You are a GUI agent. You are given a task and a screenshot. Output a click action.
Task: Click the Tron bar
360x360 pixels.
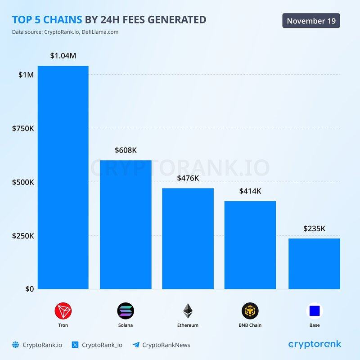click(x=63, y=177)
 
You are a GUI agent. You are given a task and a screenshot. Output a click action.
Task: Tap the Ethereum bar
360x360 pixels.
click(x=188, y=238)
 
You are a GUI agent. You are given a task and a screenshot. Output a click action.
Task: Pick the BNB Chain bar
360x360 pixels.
click(x=250, y=245)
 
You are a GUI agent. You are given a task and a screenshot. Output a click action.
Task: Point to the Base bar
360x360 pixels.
click(x=314, y=264)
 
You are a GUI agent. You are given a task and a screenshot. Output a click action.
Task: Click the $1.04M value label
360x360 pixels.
click(x=63, y=56)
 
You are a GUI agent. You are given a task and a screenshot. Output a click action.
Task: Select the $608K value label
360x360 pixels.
click(x=126, y=150)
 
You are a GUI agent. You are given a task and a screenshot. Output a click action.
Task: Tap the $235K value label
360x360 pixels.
click(x=314, y=229)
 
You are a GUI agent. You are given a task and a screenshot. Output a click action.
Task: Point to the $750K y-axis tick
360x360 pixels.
click(x=22, y=128)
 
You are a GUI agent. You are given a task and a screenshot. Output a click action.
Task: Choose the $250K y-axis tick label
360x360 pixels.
click(x=22, y=236)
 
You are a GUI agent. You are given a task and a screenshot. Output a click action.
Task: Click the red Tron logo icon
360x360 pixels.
click(x=63, y=311)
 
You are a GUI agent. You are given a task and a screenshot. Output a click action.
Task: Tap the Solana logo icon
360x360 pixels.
click(x=126, y=311)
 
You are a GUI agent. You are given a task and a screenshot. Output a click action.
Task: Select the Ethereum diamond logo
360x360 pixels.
click(x=188, y=311)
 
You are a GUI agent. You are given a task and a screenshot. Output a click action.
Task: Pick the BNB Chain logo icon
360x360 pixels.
click(x=250, y=311)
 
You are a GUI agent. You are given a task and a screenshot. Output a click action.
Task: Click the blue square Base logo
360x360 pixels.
click(x=315, y=311)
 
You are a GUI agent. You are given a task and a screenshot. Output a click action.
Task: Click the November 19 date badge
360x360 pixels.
click(x=311, y=21)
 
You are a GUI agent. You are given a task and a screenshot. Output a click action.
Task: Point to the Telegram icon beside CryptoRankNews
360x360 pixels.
click(x=136, y=345)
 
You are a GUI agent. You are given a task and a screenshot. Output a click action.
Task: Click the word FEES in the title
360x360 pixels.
click(x=138, y=19)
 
